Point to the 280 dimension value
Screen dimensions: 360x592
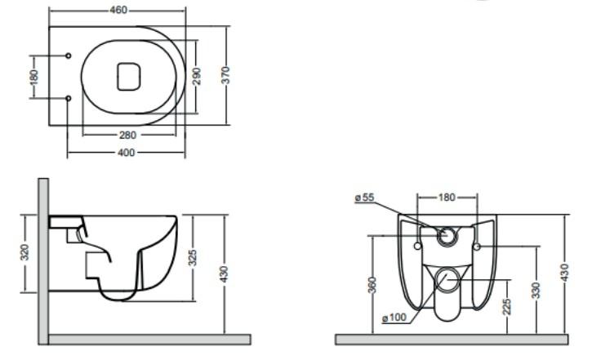tap(128, 135)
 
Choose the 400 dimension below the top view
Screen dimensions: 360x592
tap(126, 153)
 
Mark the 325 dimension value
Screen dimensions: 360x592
tap(193, 258)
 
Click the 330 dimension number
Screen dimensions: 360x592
tap(536, 290)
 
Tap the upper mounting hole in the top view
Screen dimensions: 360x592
tap(68, 57)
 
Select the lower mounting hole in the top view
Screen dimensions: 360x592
tap(68, 98)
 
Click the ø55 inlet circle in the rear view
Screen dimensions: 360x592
tap(447, 236)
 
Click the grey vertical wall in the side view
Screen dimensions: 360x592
tap(42, 261)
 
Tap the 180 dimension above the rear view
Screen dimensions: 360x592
tap(447, 198)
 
